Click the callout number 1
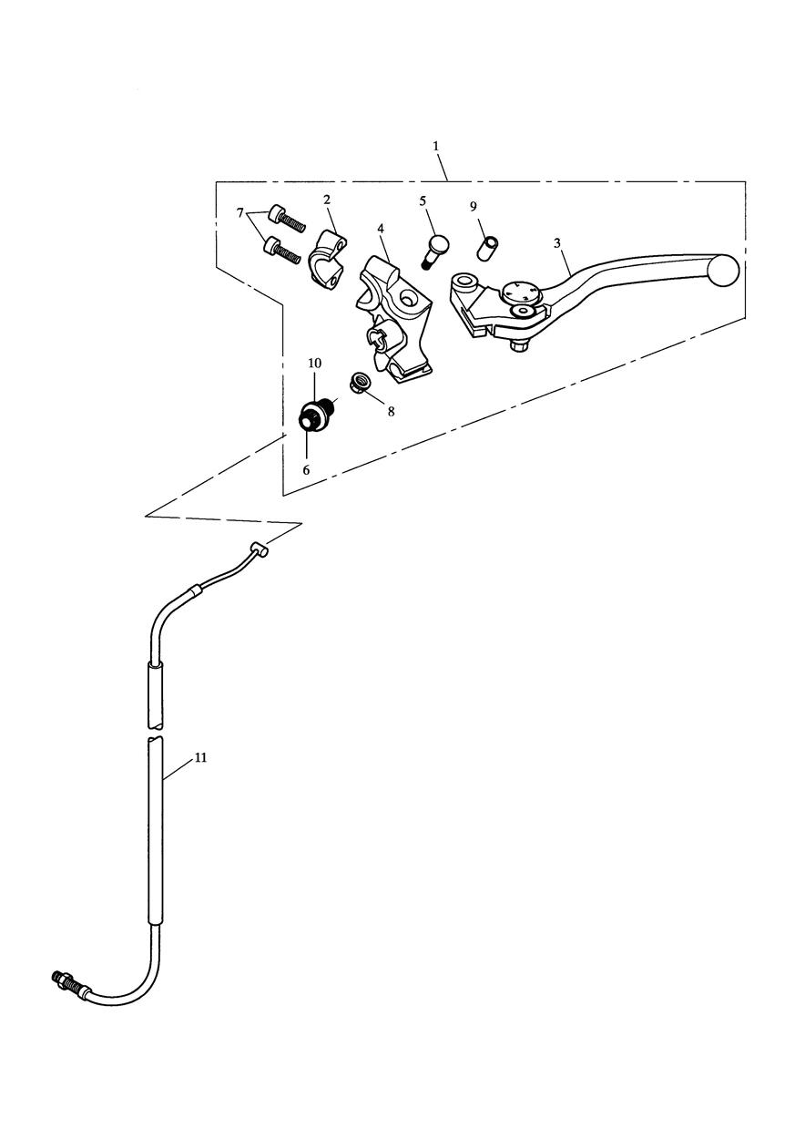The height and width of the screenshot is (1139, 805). (x=435, y=146)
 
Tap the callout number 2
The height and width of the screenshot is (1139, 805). (x=327, y=200)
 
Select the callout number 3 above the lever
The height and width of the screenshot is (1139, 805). (x=557, y=243)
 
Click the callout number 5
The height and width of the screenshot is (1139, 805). (x=423, y=201)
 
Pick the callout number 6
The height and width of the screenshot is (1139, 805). (x=306, y=470)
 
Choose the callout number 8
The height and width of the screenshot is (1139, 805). (x=391, y=411)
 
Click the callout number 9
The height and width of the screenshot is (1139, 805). (x=474, y=207)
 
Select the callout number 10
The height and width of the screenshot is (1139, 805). (x=314, y=363)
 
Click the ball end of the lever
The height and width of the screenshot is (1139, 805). (x=724, y=270)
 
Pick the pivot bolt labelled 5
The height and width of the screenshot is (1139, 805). (x=434, y=251)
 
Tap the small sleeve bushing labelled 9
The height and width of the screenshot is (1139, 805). (x=487, y=247)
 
